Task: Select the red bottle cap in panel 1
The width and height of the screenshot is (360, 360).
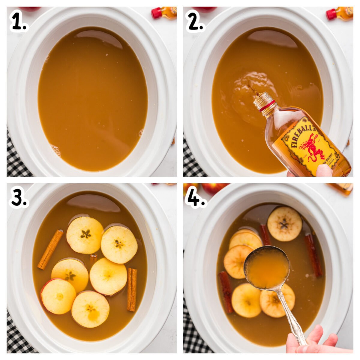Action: [x=156, y=13]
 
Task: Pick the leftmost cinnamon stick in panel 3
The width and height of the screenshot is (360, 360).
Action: [x=50, y=249]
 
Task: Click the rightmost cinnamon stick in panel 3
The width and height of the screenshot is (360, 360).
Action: [x=132, y=289]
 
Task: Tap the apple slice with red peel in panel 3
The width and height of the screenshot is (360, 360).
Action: [x=58, y=296]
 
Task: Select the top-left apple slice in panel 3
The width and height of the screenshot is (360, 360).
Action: [x=85, y=235]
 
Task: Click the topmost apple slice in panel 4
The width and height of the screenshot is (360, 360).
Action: [x=284, y=223]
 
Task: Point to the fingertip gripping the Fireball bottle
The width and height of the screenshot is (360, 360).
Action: [x=324, y=171]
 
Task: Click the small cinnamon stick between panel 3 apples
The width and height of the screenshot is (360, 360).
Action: [x=93, y=257]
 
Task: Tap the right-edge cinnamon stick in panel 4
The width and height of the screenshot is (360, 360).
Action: [x=313, y=255]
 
